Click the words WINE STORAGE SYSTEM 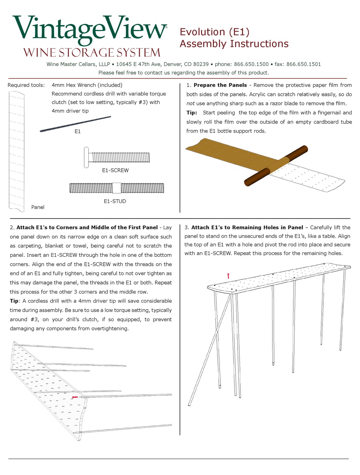(x=92, y=52)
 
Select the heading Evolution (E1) (x=214, y=32)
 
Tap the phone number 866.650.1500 (x=247, y=64)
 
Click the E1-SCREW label (x=115, y=170)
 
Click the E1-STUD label (x=115, y=201)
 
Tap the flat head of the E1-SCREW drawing (x=86, y=157)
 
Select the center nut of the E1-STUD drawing (x=117, y=188)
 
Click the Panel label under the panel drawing (x=38, y=207)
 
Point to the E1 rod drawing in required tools (x=75, y=124)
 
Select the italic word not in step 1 (x=192, y=103)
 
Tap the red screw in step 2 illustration (x=75, y=397)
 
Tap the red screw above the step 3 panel (x=229, y=276)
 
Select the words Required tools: (x=26, y=85)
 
